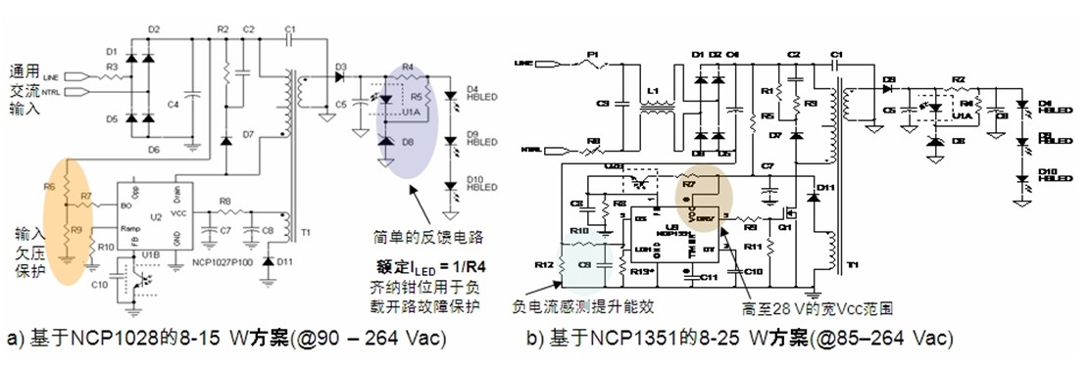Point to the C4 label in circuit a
173,103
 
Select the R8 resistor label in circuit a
223,203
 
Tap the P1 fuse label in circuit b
591,54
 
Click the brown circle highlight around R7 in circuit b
703,195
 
